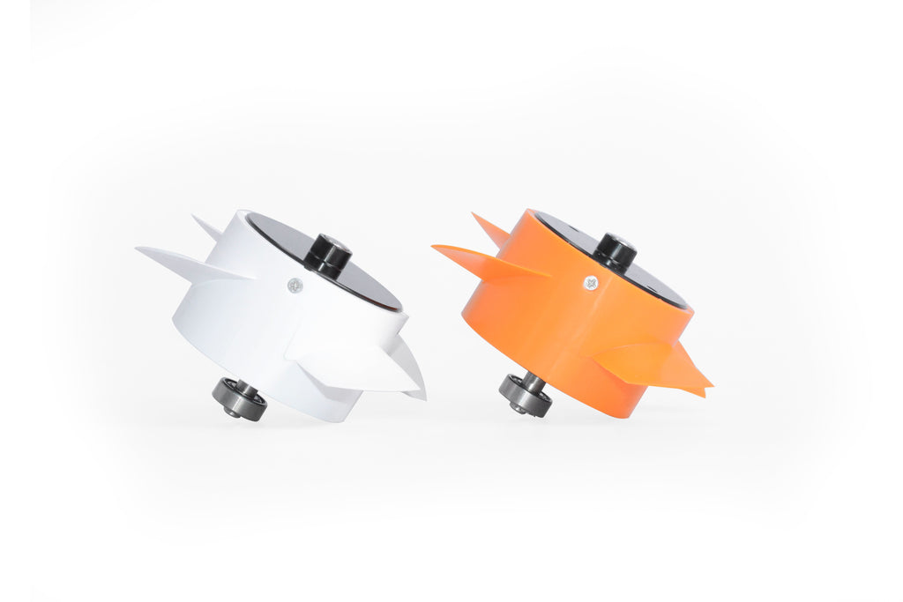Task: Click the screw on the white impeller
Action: click(295, 284)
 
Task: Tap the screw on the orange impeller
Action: click(590, 282)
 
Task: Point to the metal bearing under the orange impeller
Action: click(526, 395)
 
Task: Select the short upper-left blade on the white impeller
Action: click(208, 227)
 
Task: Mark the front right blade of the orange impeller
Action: click(653, 363)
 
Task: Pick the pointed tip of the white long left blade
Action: click(138, 249)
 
